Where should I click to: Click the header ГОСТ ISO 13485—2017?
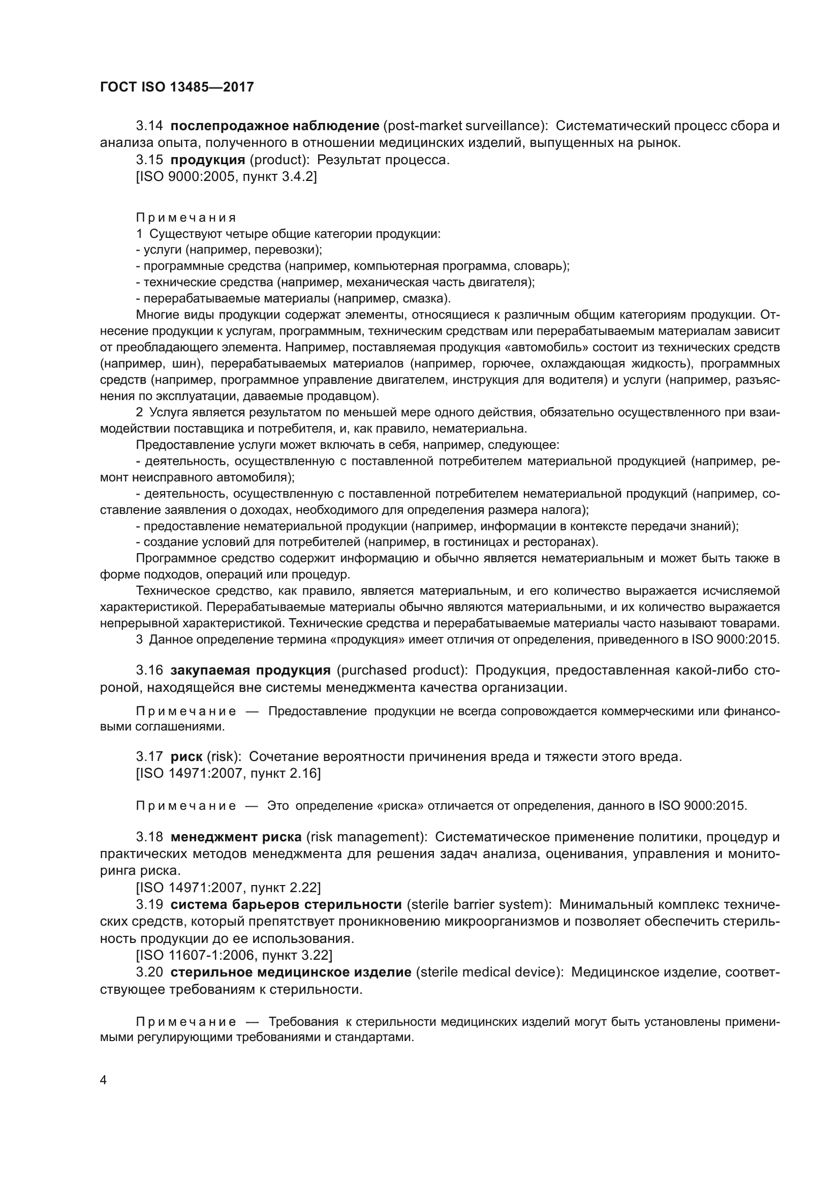tap(176, 87)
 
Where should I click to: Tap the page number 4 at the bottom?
tap(104, 1080)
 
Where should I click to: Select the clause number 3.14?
tap(149, 126)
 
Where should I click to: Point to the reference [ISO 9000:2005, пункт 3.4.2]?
tap(226, 177)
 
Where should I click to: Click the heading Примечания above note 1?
tap(186, 218)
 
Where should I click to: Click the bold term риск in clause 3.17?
tap(186, 756)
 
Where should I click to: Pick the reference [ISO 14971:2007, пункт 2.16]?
tap(228, 774)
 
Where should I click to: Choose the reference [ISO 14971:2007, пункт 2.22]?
tap(228, 888)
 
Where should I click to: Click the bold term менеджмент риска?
tap(236, 837)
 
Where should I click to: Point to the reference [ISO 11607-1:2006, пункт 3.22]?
tap(234, 955)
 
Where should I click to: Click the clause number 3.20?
tap(149, 972)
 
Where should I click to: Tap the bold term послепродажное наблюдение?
tap(275, 126)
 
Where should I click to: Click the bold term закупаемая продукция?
tap(251, 670)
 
